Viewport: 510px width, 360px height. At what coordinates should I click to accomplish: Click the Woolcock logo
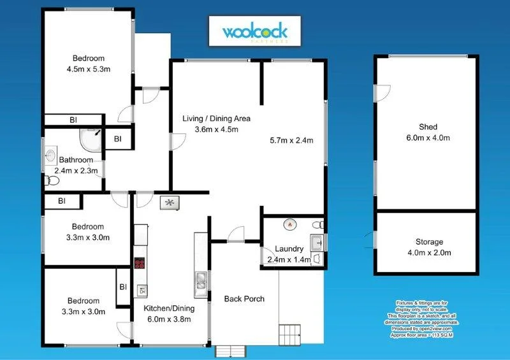click(x=255, y=31)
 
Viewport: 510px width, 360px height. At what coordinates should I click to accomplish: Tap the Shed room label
click(x=426, y=126)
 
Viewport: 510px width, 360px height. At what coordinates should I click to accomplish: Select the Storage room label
click(x=426, y=242)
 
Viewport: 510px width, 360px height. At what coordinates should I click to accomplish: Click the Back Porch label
click(x=244, y=299)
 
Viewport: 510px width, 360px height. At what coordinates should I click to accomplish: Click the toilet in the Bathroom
click(x=52, y=182)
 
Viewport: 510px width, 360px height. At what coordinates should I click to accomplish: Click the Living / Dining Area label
click(x=216, y=119)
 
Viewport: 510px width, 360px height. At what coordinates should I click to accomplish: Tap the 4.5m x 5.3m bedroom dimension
click(x=89, y=69)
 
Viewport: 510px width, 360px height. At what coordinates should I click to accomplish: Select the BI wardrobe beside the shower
click(x=117, y=138)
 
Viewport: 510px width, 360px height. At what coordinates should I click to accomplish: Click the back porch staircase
click(x=289, y=333)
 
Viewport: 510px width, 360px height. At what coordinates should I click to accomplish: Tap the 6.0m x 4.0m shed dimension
click(x=426, y=138)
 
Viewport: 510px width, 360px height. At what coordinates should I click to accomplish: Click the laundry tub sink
click(x=316, y=241)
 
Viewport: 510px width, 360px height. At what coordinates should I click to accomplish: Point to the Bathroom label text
click(x=76, y=160)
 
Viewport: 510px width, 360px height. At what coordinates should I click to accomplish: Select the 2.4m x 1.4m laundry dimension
click(x=289, y=259)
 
